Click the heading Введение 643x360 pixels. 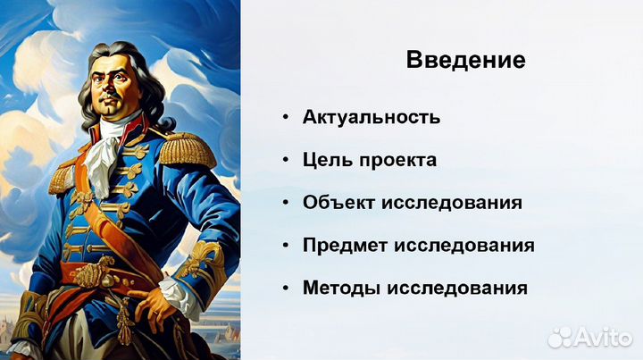click(465, 62)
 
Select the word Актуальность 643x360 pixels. click(372, 117)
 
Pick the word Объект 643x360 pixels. click(339, 202)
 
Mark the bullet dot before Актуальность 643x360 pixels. click(285, 118)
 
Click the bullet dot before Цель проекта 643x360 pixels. click(285, 161)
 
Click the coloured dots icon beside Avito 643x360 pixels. click(561, 336)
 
